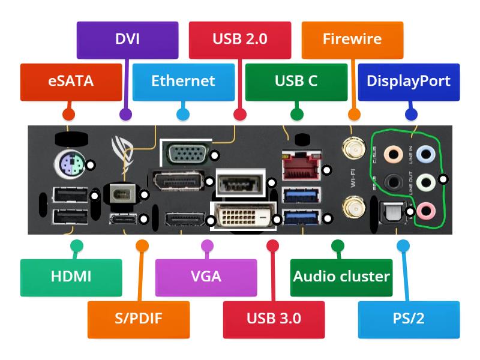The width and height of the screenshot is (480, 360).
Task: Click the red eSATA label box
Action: tap(71, 81)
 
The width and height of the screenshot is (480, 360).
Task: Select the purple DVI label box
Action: tap(127, 40)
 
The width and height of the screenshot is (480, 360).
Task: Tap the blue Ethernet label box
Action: tap(183, 81)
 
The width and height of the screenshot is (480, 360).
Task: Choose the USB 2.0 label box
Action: tap(240, 40)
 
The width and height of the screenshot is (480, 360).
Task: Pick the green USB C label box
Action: tap(296, 81)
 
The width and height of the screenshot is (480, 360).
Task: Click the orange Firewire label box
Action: tap(352, 40)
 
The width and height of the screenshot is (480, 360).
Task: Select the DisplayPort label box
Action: tap(409, 81)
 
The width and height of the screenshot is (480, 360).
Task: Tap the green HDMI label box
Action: tap(71, 277)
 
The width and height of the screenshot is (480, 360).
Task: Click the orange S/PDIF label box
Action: tap(139, 318)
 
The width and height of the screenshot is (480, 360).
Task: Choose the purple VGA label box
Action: tap(206, 277)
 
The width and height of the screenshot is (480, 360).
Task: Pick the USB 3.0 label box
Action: tap(274, 318)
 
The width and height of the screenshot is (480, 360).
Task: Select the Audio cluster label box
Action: tap(341, 277)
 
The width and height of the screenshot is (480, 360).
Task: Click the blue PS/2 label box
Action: tap(409, 318)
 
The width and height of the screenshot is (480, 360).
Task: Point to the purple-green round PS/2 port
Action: tap(70, 163)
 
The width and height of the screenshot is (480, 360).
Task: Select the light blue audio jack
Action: tap(425, 155)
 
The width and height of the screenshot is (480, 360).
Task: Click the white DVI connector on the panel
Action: tap(242, 215)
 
